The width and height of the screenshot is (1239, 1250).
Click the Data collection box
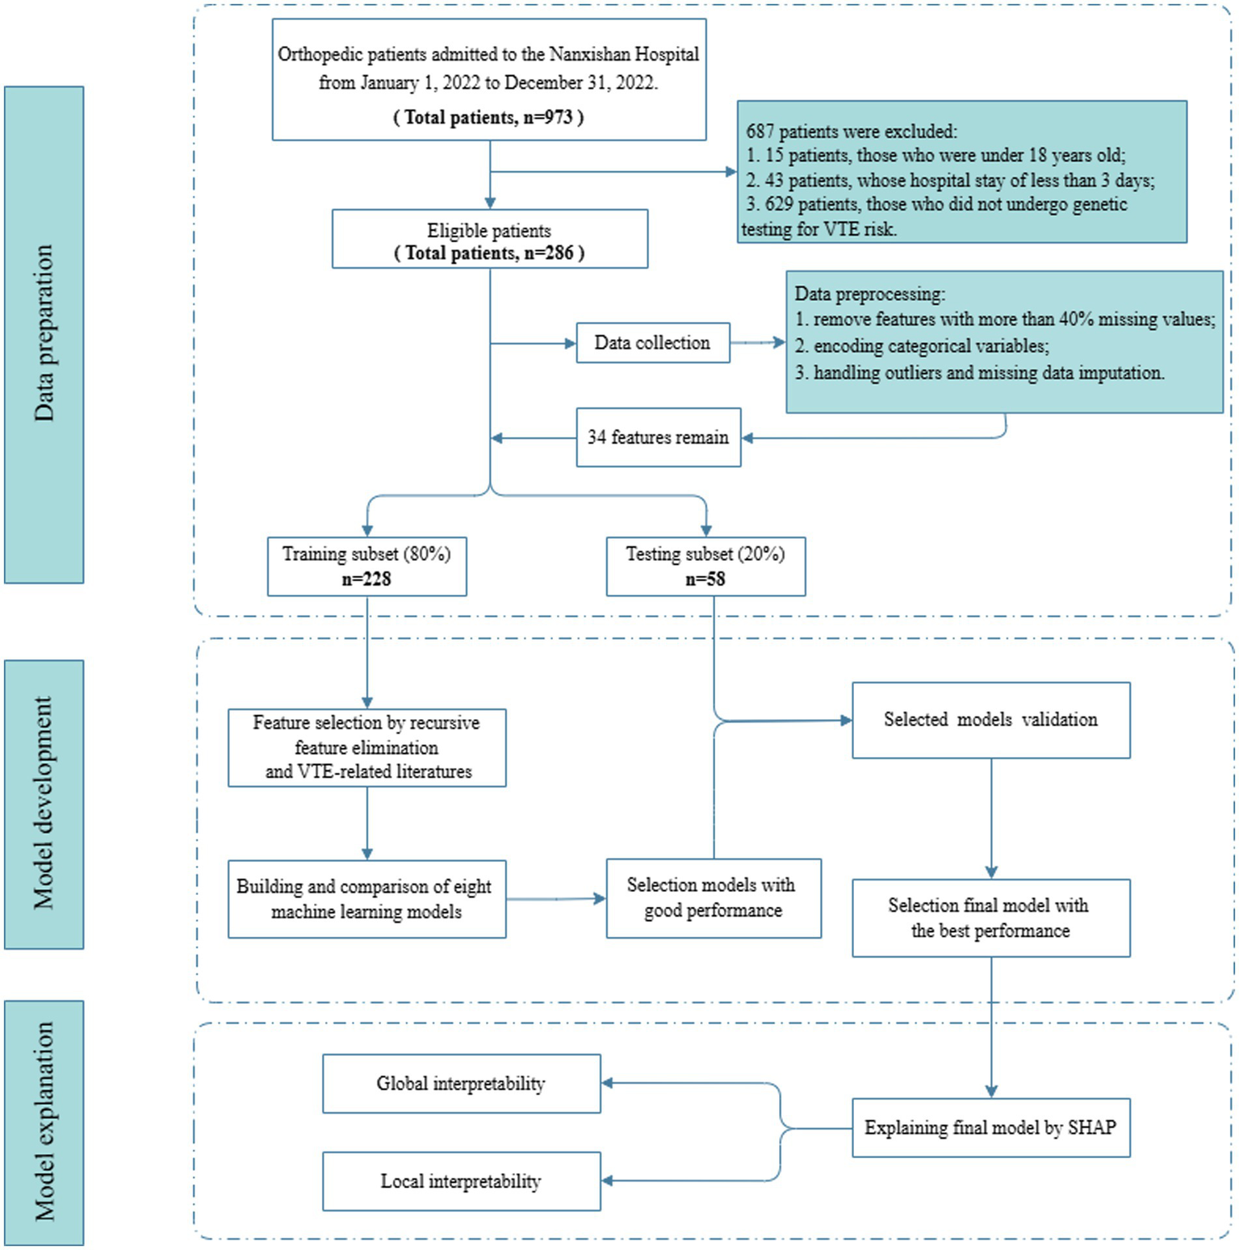coord(652,343)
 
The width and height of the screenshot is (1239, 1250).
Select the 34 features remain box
coord(658,437)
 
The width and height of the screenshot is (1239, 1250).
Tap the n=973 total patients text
coord(488,118)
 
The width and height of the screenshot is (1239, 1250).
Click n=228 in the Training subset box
coord(366,579)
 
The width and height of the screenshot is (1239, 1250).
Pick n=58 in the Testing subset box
coord(705,579)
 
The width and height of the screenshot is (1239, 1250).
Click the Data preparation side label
coord(44,334)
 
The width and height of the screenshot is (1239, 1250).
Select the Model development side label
coord(44,804)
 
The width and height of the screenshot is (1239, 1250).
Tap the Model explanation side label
coord(44,1122)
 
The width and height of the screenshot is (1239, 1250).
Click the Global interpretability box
coord(461,1084)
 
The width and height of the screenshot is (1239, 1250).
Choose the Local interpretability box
coord(461,1181)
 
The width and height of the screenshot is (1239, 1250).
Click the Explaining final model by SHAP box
coord(990,1128)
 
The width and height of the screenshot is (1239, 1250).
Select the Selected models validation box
coord(990,720)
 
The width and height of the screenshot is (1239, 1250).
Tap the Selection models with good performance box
coord(713,898)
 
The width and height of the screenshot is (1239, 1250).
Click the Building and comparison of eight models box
coord(366,899)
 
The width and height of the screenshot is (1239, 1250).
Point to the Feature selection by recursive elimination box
coord(366,747)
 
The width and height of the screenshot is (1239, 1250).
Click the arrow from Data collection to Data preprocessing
coord(757,343)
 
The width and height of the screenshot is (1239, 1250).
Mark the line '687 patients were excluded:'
coord(852,132)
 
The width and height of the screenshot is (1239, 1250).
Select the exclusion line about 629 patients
coord(936,205)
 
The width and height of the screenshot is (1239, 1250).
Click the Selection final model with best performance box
coord(990,918)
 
